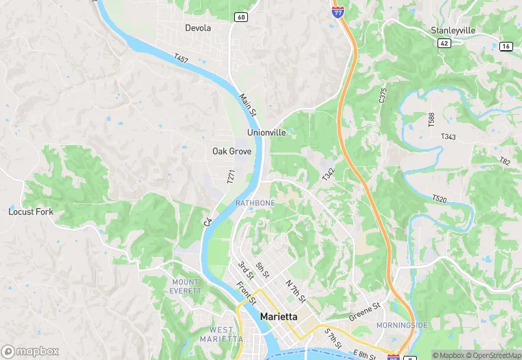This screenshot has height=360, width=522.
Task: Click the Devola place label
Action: [198, 28]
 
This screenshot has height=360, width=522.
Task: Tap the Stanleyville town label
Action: [453, 30]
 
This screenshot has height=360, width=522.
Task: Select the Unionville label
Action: [266, 132]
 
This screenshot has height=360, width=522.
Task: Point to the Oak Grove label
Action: [231, 151]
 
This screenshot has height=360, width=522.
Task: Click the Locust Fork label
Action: [30, 212]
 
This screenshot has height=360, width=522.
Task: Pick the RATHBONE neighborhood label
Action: [255, 203]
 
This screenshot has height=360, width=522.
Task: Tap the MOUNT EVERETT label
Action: [185, 286]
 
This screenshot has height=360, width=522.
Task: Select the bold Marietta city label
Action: [280, 316]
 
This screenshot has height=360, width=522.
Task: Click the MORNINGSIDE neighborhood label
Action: [402, 324]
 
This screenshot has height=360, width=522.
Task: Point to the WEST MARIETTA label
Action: [221, 335]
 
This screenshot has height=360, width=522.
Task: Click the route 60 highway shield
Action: [240, 17]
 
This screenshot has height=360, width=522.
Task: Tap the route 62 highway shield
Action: [443, 43]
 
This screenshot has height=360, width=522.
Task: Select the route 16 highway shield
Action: [506, 46]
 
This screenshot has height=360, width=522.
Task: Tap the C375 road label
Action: [383, 95]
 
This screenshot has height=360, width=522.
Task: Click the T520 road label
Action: [440, 199]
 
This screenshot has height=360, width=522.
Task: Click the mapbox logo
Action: [30, 351]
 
